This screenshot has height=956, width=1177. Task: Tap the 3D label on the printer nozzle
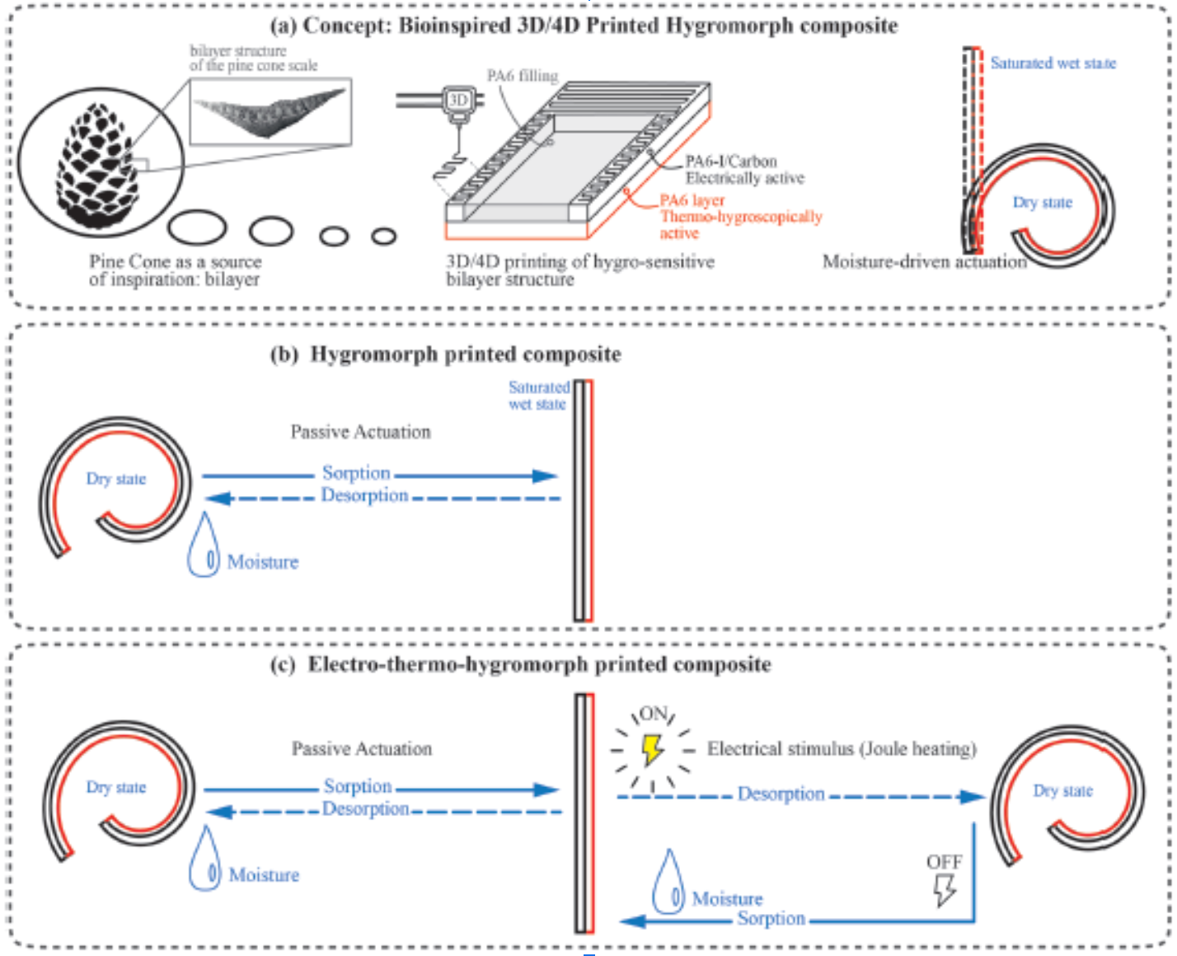(x=457, y=101)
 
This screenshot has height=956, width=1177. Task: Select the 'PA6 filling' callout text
(x=522, y=76)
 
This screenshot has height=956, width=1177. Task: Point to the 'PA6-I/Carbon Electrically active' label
(x=743, y=170)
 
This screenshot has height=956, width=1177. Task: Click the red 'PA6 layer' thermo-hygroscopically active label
(x=739, y=216)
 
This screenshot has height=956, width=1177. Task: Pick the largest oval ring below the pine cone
(x=197, y=227)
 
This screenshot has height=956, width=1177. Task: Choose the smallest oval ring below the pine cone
(x=383, y=237)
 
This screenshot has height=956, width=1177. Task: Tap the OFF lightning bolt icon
(x=944, y=888)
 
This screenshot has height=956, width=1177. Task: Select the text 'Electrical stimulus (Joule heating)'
(x=841, y=748)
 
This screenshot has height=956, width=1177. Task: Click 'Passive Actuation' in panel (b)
(x=360, y=432)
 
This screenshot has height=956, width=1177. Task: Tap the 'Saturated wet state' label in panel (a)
(x=1053, y=63)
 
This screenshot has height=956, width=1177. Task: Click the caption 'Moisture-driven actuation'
(x=924, y=261)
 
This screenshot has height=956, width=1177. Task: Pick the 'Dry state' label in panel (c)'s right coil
(x=1062, y=790)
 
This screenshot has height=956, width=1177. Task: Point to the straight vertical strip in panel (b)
(x=584, y=500)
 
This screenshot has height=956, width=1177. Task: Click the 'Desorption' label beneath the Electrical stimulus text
(x=781, y=794)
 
